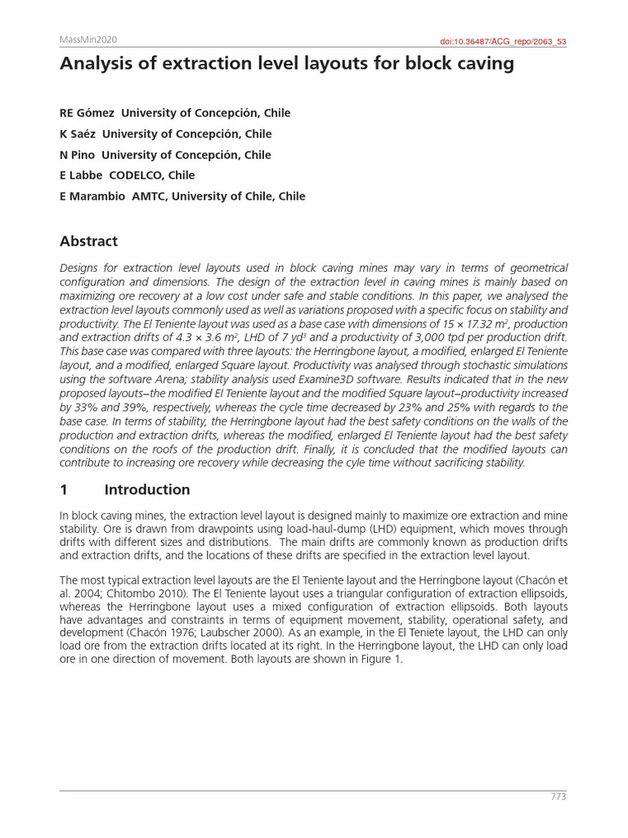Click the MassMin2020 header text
pos(88,38)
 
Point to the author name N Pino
pos(78,155)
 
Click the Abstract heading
pos(88,241)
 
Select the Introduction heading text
pos(147,490)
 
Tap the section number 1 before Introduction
pos(64,490)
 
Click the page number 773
pos(558,797)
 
